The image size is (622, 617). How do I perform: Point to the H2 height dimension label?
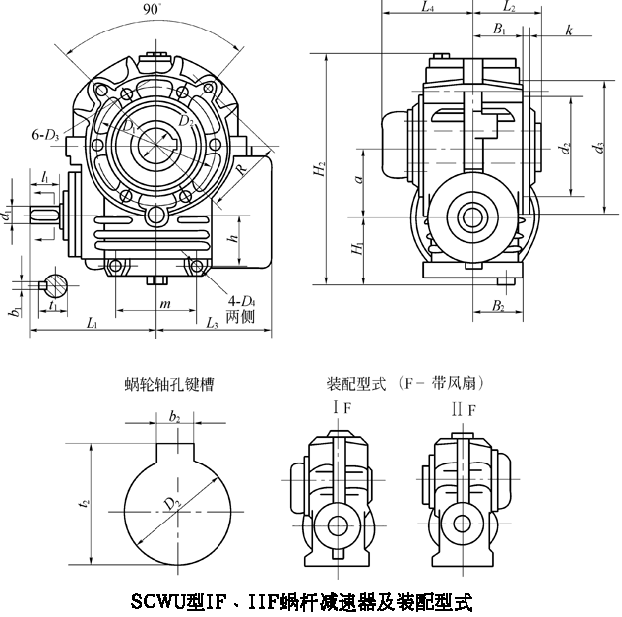pyautogui.click(x=320, y=168)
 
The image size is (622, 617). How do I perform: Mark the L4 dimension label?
pyautogui.click(x=426, y=8)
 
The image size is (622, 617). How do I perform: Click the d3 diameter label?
pyautogui.click(x=599, y=149)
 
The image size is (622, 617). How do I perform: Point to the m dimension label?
pyautogui.click(x=165, y=305)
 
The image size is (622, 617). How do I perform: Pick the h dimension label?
pyautogui.click(x=232, y=239)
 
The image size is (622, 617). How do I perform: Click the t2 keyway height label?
pyautogui.click(x=86, y=502)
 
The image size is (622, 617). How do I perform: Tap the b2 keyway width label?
pyautogui.click(x=175, y=418)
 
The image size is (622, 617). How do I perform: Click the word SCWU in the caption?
pyautogui.click(x=154, y=599)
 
